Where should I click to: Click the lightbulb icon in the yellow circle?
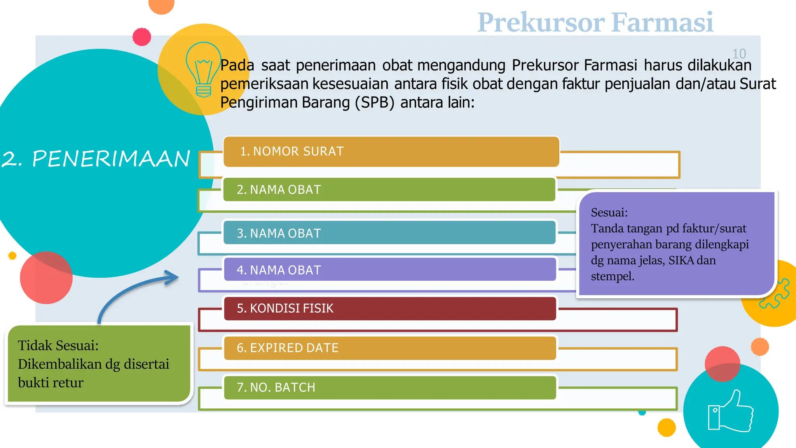tap(203, 69)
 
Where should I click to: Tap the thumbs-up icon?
tap(731, 411)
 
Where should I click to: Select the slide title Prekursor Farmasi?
tap(595, 22)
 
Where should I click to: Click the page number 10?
tap(739, 54)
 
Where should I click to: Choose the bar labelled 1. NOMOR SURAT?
tap(391, 151)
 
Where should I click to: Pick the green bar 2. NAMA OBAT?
tap(389, 189)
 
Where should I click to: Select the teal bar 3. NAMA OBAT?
tap(389, 233)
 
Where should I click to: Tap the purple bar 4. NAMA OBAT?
tap(389, 269)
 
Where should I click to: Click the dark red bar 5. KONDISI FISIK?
tap(389, 308)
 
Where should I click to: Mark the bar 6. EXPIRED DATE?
tap(389, 348)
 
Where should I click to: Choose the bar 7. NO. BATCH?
tap(389, 387)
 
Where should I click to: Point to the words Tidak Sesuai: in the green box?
tap(58, 345)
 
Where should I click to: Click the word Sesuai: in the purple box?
tap(609, 212)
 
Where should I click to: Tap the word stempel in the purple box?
tap(612, 276)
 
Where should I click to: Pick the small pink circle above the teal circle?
tap(141, 37)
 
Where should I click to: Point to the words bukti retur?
tap(51, 383)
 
